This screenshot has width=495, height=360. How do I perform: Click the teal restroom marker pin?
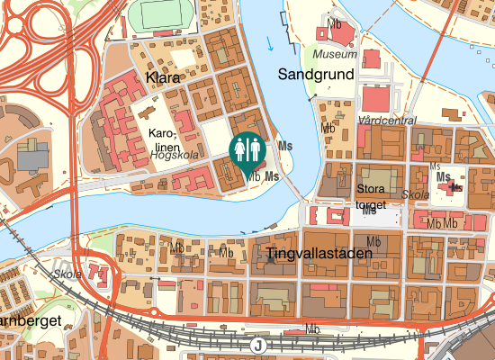[x=247, y=150]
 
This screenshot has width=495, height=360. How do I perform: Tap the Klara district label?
[x=162, y=78]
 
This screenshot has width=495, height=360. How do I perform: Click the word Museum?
[x=341, y=54]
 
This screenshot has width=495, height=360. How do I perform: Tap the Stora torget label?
[x=371, y=196]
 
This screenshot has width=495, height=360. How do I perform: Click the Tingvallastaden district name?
[x=319, y=255]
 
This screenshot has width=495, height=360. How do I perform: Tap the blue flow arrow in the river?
[x=271, y=41]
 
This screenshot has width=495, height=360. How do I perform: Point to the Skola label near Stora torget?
[x=415, y=194]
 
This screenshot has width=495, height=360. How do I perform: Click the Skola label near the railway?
[x=67, y=274]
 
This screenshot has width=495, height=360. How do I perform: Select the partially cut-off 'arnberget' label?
[x=30, y=320]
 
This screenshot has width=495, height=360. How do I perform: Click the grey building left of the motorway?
[x=31, y=158]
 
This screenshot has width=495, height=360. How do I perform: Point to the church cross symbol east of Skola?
[x=455, y=187]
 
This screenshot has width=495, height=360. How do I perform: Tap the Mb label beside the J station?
[x=312, y=329]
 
